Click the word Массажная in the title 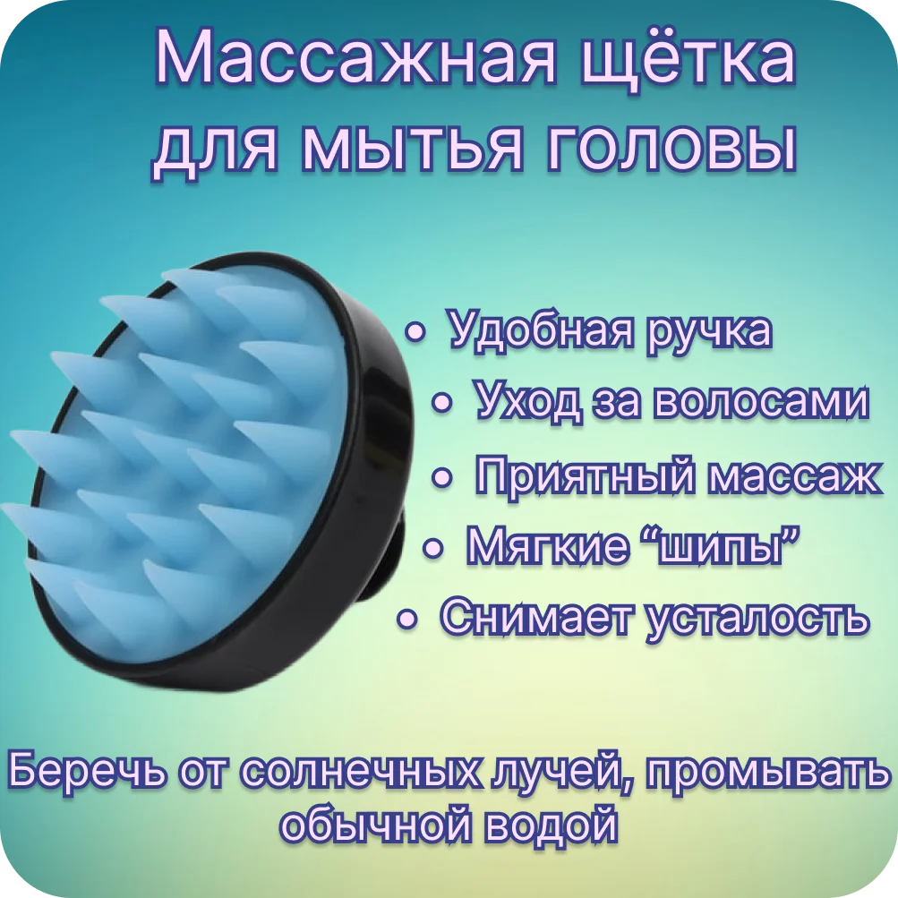(355, 61)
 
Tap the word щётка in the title (688, 60)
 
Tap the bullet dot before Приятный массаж (441, 477)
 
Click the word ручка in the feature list (709, 331)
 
